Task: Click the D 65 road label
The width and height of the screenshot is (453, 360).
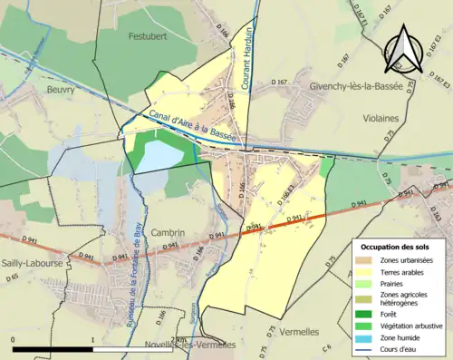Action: tap(13, 277)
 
